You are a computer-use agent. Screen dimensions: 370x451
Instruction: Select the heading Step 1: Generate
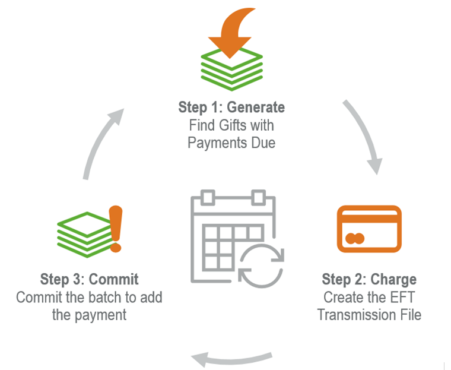(231, 107)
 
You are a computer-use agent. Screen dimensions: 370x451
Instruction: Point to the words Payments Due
(231, 143)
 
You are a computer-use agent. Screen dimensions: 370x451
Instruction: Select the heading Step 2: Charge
(369, 279)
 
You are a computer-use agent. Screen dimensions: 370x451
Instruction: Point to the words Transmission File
(369, 314)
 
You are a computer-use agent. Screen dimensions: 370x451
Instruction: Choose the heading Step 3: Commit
(90, 279)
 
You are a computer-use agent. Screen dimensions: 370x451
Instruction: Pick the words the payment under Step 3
(90, 314)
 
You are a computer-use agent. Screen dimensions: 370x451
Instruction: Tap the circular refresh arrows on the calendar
(261, 264)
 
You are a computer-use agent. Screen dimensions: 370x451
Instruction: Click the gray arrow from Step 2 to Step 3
(231, 358)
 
